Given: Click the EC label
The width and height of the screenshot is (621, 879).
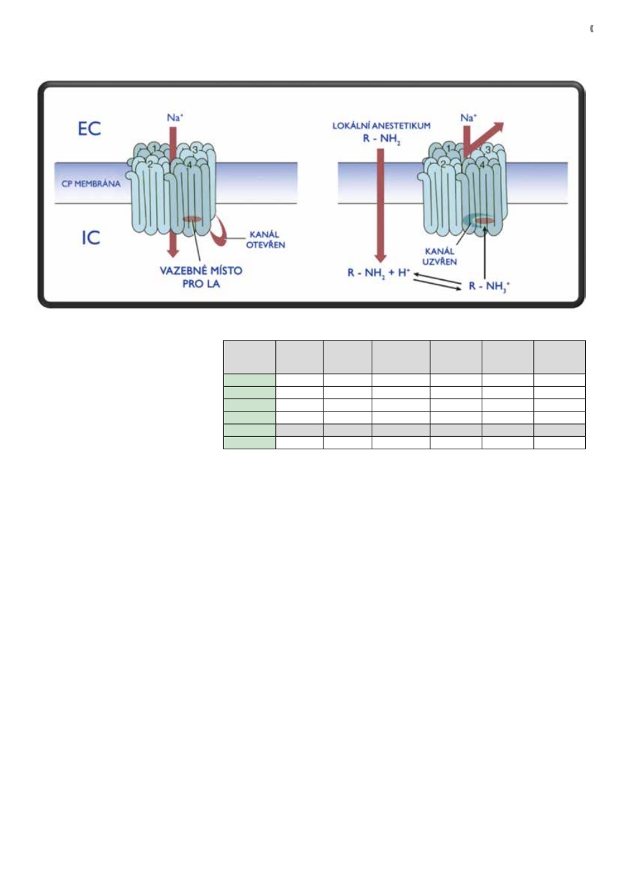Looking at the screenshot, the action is [x=89, y=128].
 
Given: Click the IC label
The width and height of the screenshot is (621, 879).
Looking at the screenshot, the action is [x=90, y=238].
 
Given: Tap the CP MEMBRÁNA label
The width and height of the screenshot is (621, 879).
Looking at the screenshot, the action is [x=91, y=184].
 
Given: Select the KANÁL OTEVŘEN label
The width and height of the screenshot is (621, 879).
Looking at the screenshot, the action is [x=266, y=240].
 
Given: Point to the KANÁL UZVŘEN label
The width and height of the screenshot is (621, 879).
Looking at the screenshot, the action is [x=439, y=257].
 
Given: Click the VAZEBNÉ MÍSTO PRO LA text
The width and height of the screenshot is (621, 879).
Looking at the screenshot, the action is [x=201, y=277].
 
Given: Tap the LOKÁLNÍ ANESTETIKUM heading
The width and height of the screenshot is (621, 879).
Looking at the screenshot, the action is [x=381, y=126].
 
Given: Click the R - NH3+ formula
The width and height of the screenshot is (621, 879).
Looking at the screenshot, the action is [x=490, y=286].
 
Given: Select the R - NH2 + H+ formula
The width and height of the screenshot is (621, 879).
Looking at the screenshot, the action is [x=379, y=273].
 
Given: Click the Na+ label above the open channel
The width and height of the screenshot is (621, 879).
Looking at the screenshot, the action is [x=175, y=117].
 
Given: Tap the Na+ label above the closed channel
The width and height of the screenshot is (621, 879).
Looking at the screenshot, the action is [x=469, y=117].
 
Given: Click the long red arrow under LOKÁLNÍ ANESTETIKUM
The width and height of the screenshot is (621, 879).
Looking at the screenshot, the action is [x=381, y=205].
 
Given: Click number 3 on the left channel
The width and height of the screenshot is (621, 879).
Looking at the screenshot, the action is [x=195, y=150].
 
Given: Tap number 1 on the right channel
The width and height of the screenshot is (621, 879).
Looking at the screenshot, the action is [x=448, y=148].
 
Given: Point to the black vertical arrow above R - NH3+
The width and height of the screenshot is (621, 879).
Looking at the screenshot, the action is [x=485, y=253].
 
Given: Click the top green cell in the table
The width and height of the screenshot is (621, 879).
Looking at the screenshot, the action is [x=249, y=380].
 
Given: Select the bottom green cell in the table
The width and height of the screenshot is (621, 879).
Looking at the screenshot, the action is [x=249, y=443].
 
